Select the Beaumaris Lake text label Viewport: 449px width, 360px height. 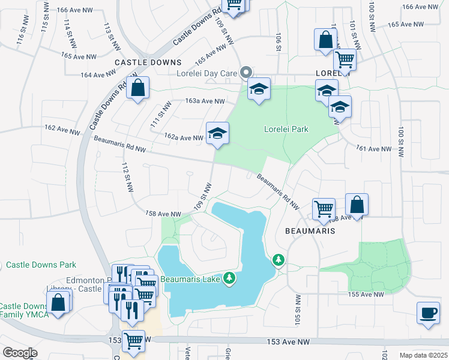point(191,279)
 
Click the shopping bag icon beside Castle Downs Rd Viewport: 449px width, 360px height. point(137,89)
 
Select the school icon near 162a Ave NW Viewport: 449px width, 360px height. point(217,133)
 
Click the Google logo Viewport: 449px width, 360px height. point(19,353)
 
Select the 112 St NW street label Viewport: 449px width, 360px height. point(127,177)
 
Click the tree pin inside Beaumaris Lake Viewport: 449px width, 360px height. point(229,278)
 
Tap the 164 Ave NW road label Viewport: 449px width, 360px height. point(97,75)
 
